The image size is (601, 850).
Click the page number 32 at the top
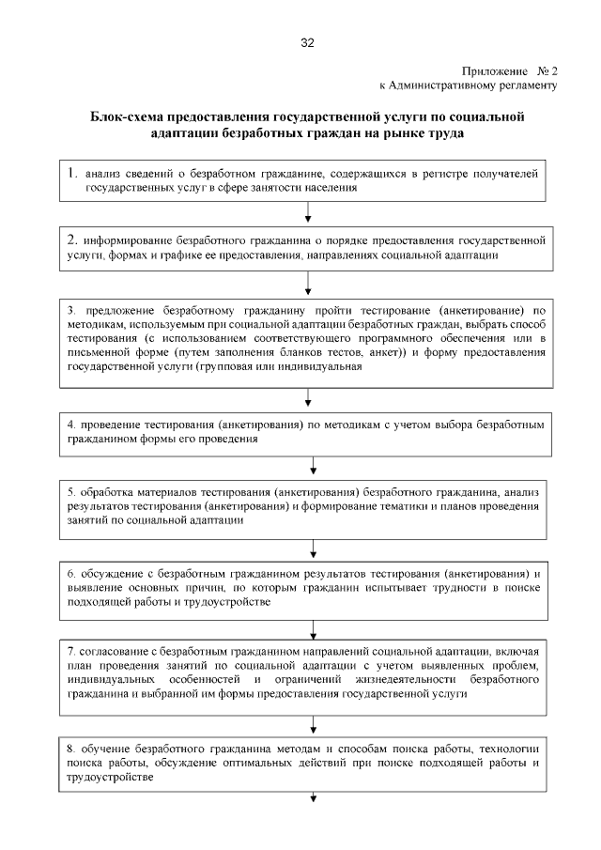307,43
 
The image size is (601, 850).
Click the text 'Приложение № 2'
510,70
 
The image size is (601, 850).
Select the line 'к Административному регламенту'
468,85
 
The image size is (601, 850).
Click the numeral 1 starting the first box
71,173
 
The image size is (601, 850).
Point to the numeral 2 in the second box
71,239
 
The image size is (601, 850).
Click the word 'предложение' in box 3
118,309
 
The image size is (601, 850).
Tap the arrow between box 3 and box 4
312,398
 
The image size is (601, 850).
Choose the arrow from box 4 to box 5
312,465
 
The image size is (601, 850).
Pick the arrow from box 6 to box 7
312,629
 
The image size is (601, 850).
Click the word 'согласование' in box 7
118,649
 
